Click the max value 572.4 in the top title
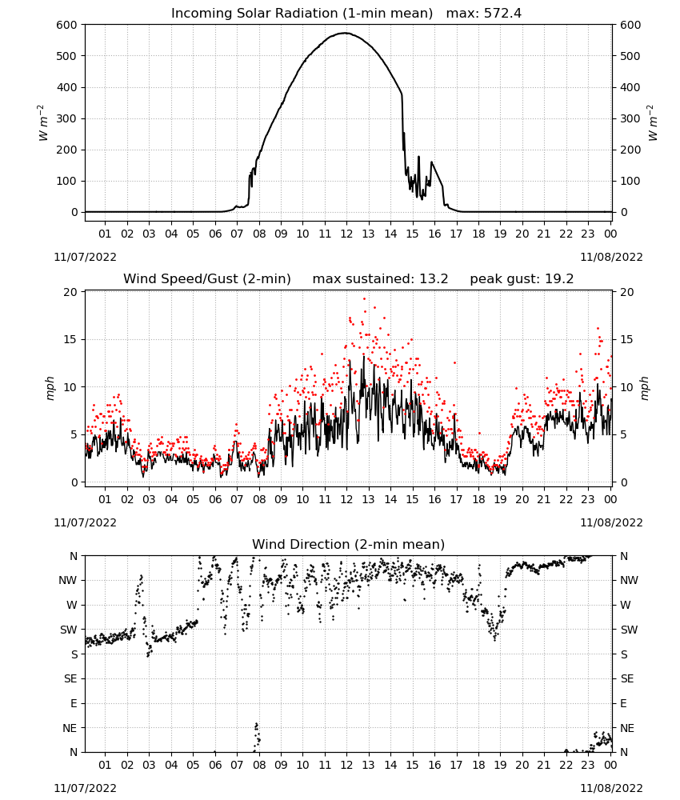[502, 14]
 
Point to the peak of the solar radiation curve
[346, 33]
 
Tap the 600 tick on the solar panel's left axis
[67, 25]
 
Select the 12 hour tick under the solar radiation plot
[346, 234]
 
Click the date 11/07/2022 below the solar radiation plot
[85, 257]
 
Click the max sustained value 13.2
[434, 279]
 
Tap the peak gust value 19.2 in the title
[559, 279]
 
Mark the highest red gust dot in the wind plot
[364, 299]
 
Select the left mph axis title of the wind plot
[50, 388]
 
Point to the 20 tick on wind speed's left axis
[70, 292]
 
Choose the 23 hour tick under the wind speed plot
[588, 499]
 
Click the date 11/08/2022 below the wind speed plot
[611, 522]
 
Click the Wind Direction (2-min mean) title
[349, 544]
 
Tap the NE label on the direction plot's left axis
[70, 728]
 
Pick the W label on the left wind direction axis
[72, 605]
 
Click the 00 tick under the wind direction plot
[610, 765]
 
